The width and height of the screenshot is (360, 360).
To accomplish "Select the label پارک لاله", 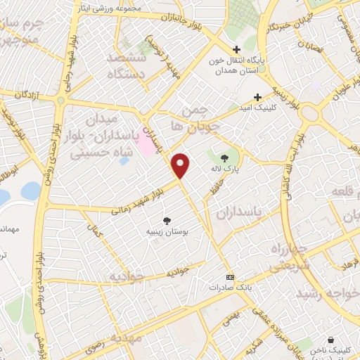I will tap(224, 169).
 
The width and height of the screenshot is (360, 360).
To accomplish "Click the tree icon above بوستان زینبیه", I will tap(167, 220).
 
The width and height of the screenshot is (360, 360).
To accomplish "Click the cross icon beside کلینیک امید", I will tap(257, 97).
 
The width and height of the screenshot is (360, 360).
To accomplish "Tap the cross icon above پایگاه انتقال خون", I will tap(236, 50).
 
